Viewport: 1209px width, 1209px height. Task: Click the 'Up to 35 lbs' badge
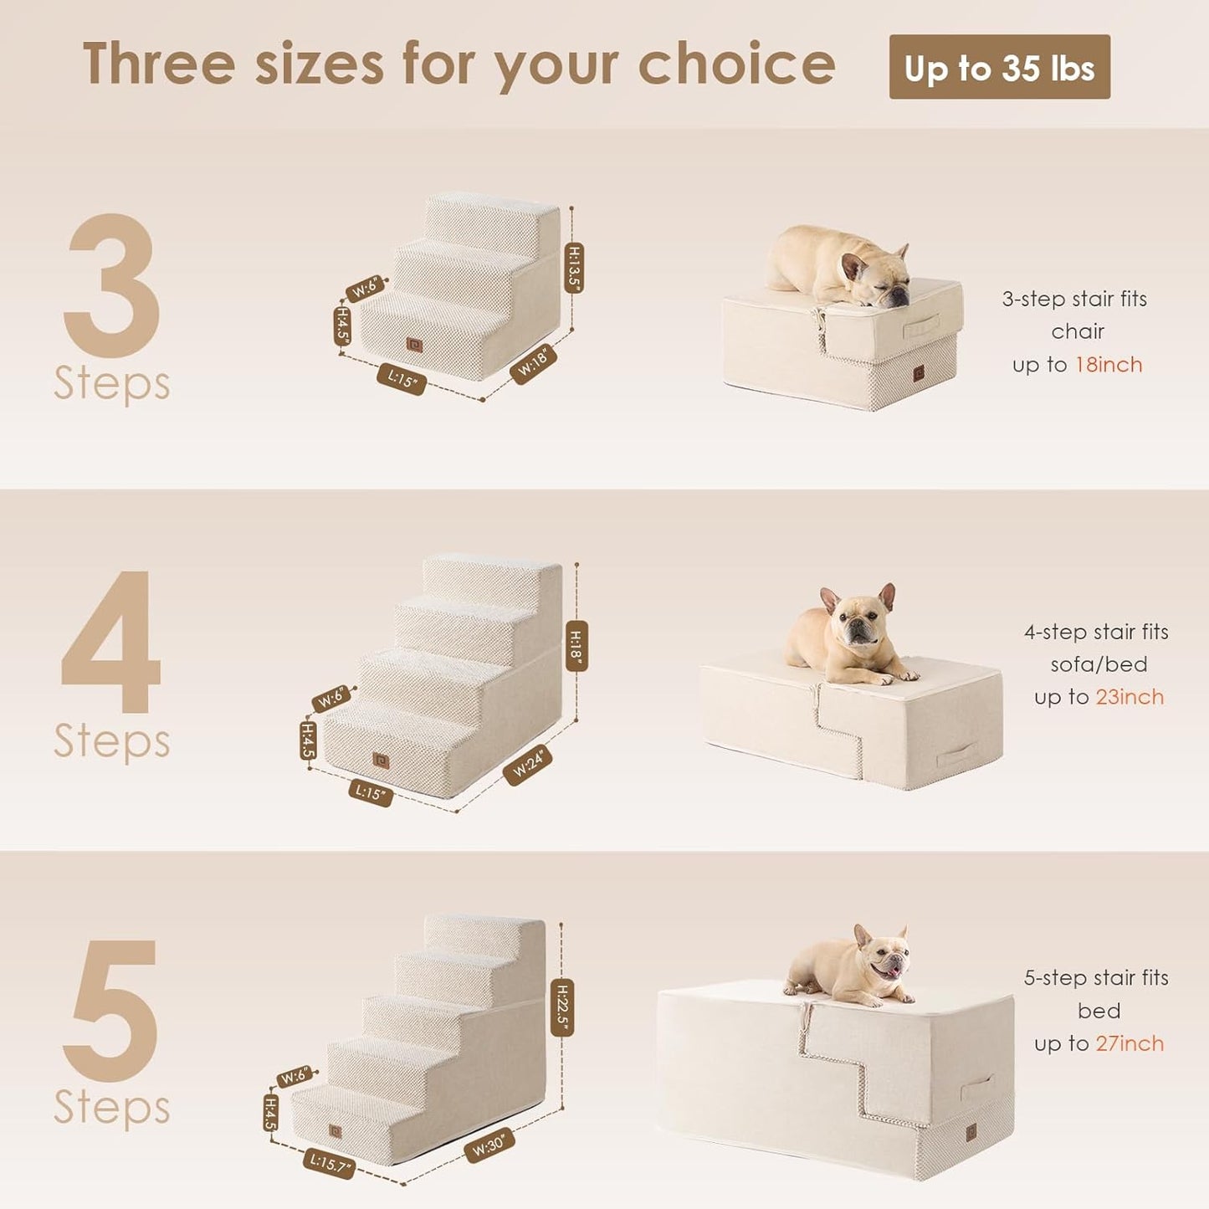(999, 67)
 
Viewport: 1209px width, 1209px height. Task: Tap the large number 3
(111, 284)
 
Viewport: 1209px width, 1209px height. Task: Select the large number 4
(111, 643)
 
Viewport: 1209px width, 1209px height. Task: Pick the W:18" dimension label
(533, 364)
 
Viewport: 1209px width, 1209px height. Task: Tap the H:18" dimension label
(576, 645)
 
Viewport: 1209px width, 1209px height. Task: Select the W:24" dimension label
(528, 765)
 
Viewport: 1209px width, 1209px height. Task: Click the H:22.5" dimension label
(563, 1007)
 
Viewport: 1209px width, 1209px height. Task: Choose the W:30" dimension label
(489, 1145)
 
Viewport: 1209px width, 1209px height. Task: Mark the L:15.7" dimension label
(329, 1163)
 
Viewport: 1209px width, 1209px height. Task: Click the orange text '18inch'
(1109, 365)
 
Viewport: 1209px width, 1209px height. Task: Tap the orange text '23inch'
(1130, 697)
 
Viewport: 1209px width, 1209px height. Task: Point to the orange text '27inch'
(1130, 1043)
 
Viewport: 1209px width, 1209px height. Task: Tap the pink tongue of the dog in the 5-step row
(893, 972)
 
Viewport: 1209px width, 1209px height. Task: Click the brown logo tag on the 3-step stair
(414, 345)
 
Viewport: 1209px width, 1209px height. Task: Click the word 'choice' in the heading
(736, 64)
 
